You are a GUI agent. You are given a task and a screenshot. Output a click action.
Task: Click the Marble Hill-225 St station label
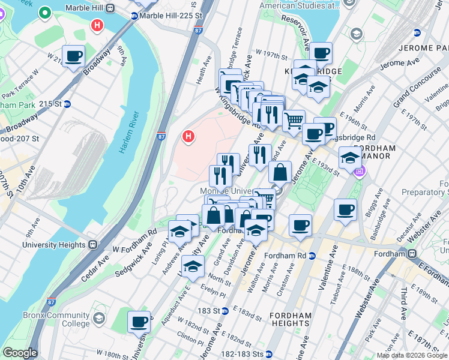click(x=168, y=16)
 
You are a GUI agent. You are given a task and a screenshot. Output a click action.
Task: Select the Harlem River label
click(x=130, y=132)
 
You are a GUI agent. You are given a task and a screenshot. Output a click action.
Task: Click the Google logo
click(x=20, y=353)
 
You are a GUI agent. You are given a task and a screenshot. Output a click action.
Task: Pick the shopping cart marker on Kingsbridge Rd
click(x=294, y=121)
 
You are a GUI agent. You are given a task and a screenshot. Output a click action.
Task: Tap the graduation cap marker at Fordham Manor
click(x=350, y=158)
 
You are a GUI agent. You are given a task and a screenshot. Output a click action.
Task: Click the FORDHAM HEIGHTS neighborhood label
click(x=291, y=319)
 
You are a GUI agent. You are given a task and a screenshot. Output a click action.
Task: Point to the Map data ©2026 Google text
click(x=412, y=355)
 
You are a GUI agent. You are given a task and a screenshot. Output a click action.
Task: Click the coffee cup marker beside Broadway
click(x=74, y=57)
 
